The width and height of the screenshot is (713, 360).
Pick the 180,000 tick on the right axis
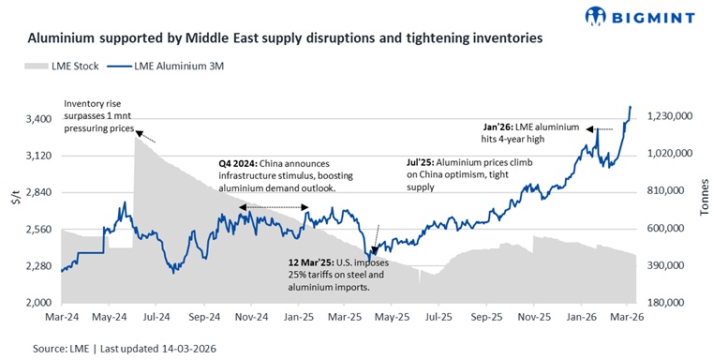pyautogui.click(x=667, y=303)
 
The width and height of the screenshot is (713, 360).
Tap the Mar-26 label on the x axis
pyautogui.click(x=625, y=319)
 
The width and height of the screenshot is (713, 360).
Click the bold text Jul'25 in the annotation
pyautogui.click(x=405, y=162)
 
